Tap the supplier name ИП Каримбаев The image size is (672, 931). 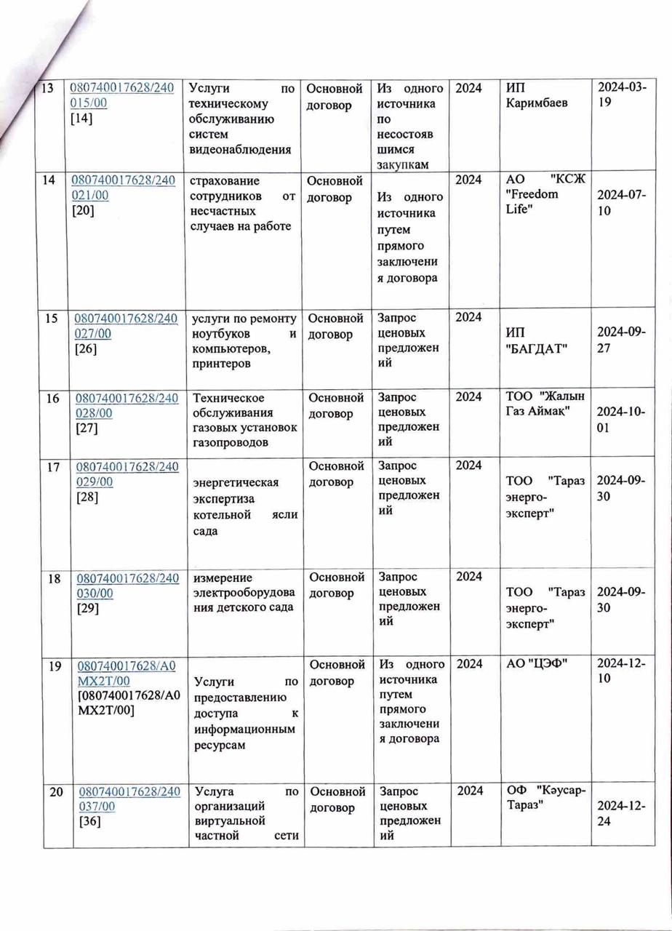click(537, 95)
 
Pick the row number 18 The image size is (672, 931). click(54, 578)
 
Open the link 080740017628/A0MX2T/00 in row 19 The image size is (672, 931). click(121, 671)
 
